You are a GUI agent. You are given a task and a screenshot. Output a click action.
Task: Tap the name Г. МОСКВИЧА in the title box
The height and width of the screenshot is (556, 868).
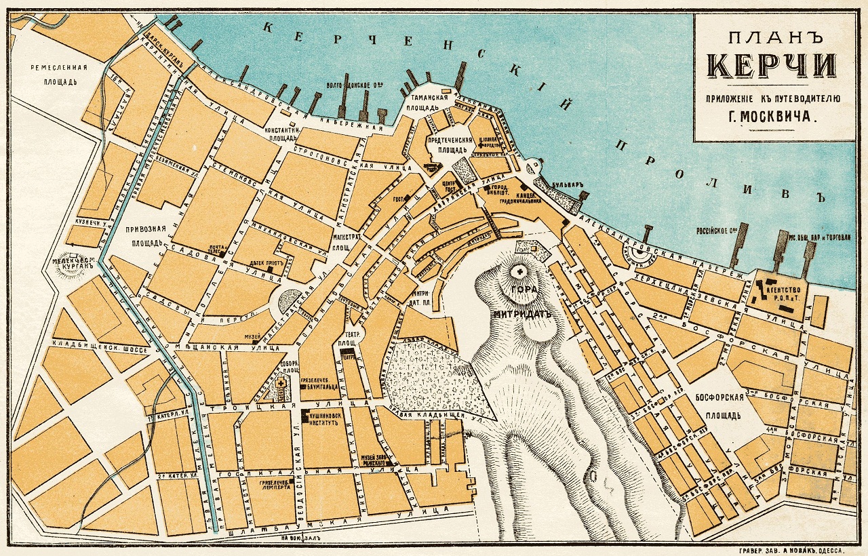[772, 116]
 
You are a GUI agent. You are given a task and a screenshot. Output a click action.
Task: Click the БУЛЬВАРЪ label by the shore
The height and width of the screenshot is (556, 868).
[563, 184]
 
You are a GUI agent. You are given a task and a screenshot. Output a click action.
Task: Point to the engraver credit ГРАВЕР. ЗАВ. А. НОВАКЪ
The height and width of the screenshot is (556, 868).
[793, 547]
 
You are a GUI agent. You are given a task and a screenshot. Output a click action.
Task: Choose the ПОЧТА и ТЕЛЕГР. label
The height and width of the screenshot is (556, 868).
[217, 250]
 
